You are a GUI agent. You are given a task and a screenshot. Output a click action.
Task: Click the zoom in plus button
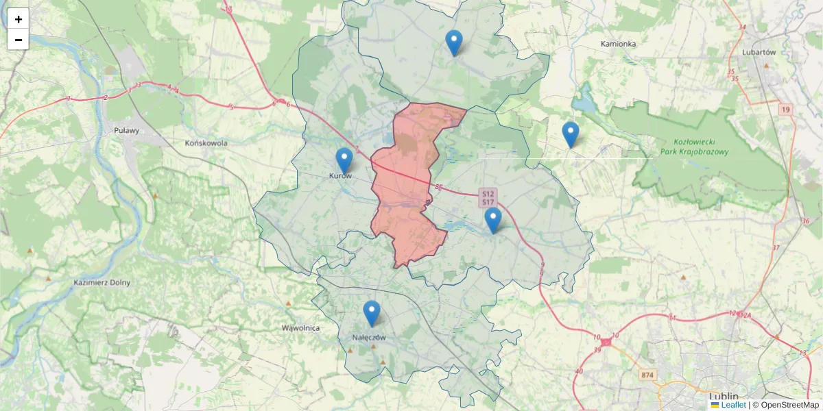point(19,19)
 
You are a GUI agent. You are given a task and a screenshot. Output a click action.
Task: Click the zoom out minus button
point(19,40)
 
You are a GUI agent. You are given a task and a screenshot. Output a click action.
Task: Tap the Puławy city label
point(126,130)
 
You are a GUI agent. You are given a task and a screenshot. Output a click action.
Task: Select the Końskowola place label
point(206,143)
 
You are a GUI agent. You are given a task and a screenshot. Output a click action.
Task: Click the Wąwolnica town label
point(300,328)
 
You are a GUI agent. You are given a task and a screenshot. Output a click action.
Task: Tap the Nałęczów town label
point(369,337)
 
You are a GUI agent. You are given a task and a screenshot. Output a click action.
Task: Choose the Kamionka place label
point(618,44)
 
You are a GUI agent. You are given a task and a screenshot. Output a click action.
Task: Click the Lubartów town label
point(759,52)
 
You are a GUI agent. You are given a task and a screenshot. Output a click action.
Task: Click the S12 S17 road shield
point(488,198)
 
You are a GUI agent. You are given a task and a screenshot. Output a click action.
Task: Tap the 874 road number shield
point(647,375)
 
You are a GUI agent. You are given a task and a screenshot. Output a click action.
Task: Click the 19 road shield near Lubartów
point(785,109)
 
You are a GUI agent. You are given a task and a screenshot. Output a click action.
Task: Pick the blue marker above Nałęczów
point(372,314)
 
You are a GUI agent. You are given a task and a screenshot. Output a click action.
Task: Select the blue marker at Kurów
point(344,161)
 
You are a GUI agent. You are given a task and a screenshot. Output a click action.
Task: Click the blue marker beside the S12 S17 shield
point(492,221)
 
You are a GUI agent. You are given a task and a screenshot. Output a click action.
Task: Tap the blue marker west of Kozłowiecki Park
point(570,135)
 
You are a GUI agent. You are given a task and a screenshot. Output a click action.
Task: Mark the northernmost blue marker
point(453,43)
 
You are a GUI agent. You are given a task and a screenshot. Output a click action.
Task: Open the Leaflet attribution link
point(732,405)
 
